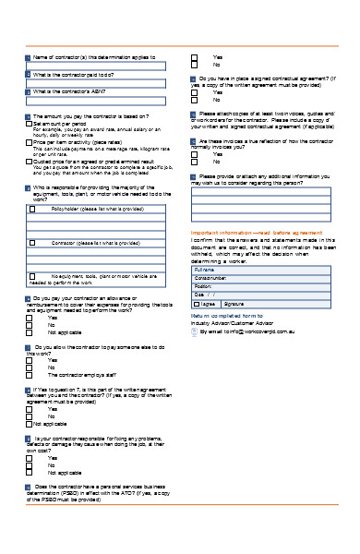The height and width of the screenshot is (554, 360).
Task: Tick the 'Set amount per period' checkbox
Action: pos(29,124)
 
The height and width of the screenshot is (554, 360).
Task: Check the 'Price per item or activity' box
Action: pos(29,141)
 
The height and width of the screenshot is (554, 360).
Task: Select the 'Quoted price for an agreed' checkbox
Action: pos(29,160)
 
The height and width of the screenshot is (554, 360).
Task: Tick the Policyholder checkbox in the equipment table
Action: pos(33,210)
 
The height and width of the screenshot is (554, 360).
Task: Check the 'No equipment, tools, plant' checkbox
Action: pos(33,275)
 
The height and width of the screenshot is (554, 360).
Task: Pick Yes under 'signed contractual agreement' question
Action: pos(195,92)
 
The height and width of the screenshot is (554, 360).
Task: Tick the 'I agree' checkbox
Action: pos(197,303)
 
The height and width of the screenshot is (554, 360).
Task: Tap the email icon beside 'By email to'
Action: pos(195,331)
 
